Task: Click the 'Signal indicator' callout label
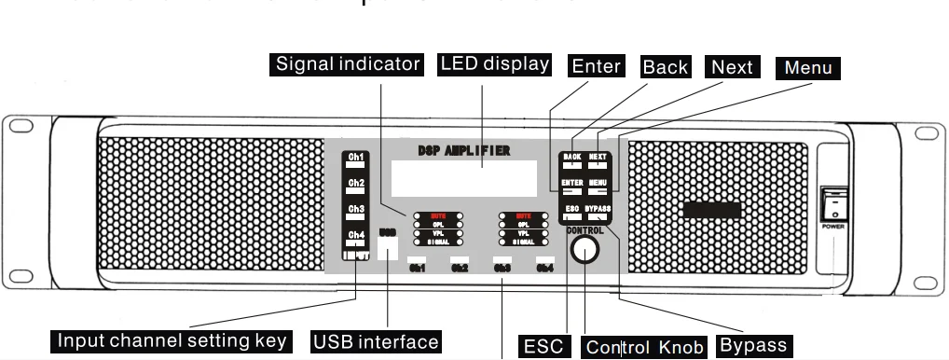pyautogui.click(x=349, y=64)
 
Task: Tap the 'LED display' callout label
pyautogui.click(x=494, y=64)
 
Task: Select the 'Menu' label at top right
pyautogui.click(x=807, y=67)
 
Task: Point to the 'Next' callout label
pyautogui.click(x=732, y=67)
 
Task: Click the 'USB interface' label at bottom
pyautogui.click(x=376, y=341)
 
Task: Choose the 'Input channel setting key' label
pyautogui.click(x=172, y=340)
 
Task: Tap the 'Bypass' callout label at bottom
pyautogui.click(x=753, y=345)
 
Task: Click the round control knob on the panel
pyautogui.click(x=585, y=248)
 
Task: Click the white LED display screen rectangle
pyautogui.click(x=463, y=177)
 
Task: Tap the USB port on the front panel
pyautogui.click(x=389, y=246)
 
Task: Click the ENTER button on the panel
pyautogui.click(x=572, y=185)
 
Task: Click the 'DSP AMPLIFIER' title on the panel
pyautogui.click(x=464, y=150)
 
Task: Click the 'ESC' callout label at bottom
pyautogui.click(x=543, y=346)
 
